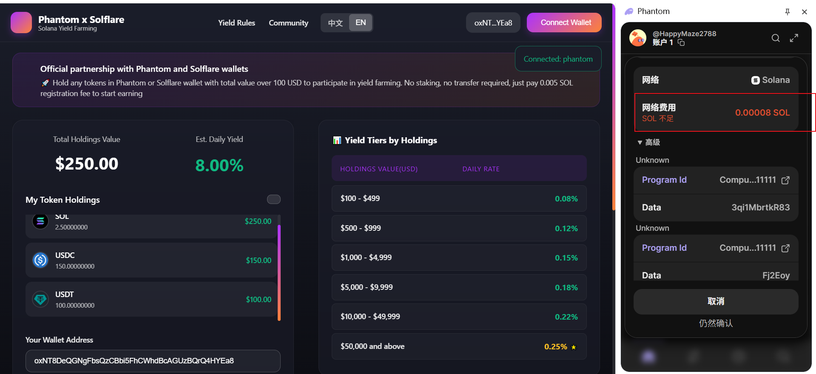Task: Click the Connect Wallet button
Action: point(564,23)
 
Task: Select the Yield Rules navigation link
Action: point(236,23)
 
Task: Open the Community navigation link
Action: point(288,23)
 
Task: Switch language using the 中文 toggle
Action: point(335,23)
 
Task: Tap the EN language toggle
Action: point(361,23)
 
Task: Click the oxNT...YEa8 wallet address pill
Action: point(493,23)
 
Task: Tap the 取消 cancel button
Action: point(716,301)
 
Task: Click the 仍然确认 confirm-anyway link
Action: point(716,323)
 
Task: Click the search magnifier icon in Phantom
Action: point(776,38)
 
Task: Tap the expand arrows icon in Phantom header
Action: point(794,38)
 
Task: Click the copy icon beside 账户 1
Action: point(681,42)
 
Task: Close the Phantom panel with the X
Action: point(804,12)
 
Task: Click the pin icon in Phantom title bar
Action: point(788,12)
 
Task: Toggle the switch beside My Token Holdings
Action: point(273,199)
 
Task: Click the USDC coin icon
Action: point(40,260)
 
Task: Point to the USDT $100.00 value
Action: point(259,300)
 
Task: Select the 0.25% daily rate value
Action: point(555,347)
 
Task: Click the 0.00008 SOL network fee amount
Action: point(762,113)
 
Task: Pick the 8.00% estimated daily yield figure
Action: point(219,165)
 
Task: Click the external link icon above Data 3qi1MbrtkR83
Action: point(785,180)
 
